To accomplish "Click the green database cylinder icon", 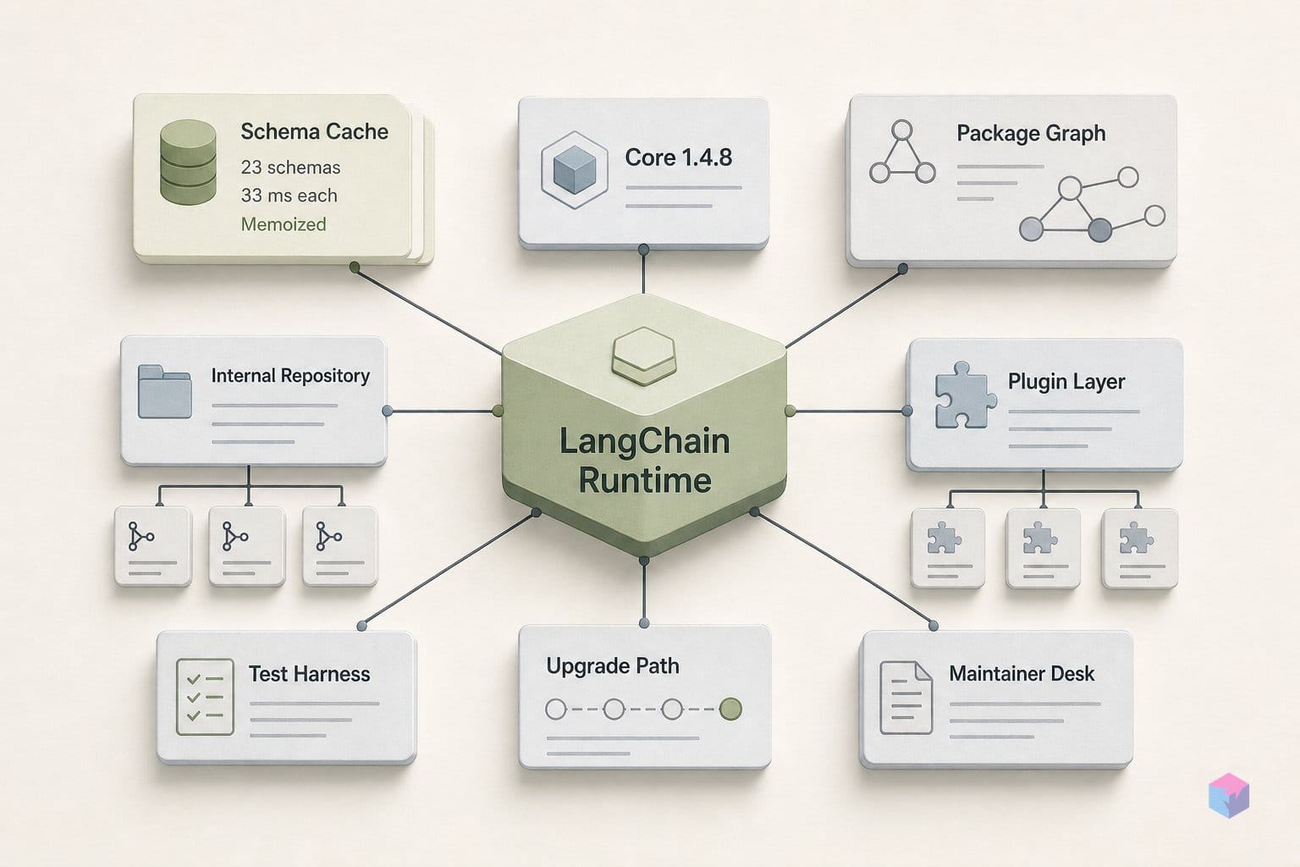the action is coord(188,162).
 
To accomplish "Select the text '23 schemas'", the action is coord(291,168).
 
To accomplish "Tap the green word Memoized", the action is coord(284,224).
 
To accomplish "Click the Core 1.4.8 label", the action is coord(679,157).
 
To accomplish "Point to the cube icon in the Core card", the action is coord(575,169).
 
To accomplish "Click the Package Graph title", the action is coord(1031,134).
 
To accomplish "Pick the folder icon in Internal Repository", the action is coord(165,391).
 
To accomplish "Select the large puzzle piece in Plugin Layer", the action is coord(966,395).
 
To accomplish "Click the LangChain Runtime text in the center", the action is coord(644,461).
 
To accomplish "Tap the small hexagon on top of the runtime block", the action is coord(644,356).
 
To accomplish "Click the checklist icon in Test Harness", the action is coord(205,697).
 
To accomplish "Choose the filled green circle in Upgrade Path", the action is coord(730,709).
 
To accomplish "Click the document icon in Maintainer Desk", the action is coord(906,698).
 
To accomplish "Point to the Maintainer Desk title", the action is coord(1022,674).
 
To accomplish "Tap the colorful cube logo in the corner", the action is coord(1229,795).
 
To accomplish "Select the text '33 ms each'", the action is coord(289,195).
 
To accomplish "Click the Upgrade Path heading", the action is coord(613,666).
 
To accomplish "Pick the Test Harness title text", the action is coord(309,674).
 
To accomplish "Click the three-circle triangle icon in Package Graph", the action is coord(902,152).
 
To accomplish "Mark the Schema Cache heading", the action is coord(315,132).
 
